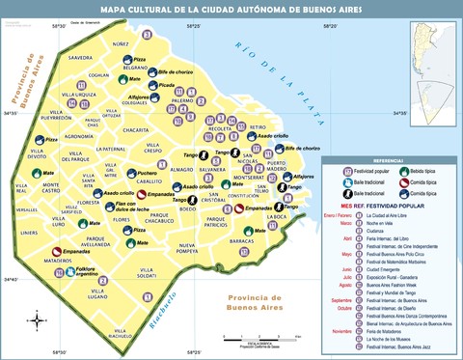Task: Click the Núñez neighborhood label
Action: coord(120,44)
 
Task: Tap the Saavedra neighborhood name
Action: coord(80,58)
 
